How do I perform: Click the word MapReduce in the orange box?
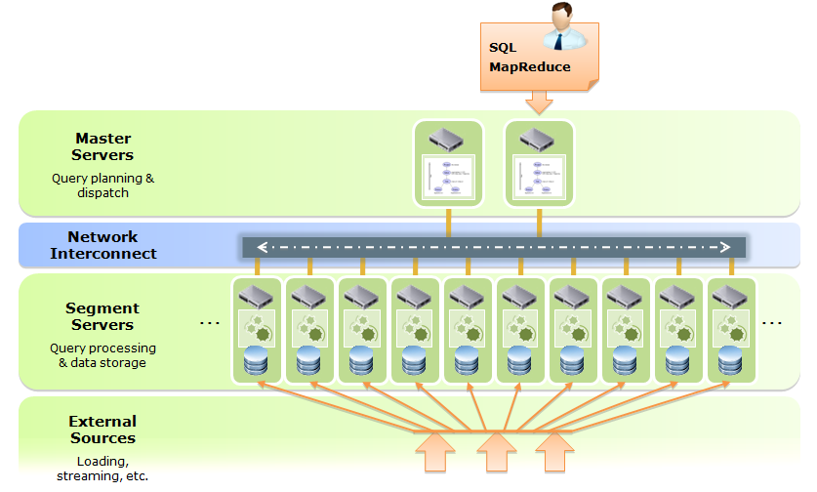pos(529,67)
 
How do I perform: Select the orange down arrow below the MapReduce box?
pos(538,102)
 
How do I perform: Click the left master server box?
pos(448,163)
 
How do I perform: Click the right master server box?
pos(539,163)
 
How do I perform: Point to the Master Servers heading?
pos(102,146)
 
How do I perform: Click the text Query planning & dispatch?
pos(102,185)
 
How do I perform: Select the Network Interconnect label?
pos(102,245)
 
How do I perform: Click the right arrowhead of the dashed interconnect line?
pos(727,247)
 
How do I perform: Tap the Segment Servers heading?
pos(102,316)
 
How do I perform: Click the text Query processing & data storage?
pos(102,355)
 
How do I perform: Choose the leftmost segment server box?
pos(257,329)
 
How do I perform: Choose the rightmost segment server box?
pos(731,329)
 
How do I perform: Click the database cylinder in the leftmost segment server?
pos(257,360)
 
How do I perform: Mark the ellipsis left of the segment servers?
pos(210,322)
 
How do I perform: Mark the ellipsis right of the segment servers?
pos(772,322)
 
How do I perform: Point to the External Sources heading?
pos(102,430)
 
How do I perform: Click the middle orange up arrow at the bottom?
pos(497,453)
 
